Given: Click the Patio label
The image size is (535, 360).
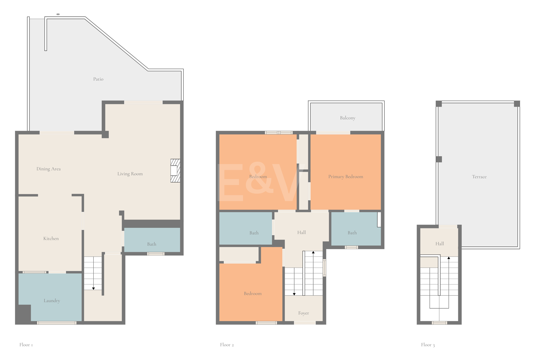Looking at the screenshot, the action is (x=98, y=79).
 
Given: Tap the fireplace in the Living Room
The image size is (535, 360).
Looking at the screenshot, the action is (x=175, y=171).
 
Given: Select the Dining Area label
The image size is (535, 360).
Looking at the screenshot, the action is (x=48, y=169).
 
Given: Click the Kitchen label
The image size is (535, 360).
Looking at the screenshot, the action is (x=51, y=238).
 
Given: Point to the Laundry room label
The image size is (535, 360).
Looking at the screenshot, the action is (x=52, y=301).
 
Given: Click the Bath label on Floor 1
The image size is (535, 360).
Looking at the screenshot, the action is (x=152, y=244).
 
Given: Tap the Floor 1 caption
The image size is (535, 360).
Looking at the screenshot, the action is (x=26, y=345).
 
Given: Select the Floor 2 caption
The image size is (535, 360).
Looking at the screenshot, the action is (x=227, y=345).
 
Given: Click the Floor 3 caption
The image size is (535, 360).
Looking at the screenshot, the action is (x=428, y=345).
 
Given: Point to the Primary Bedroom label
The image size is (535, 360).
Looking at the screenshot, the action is (x=346, y=177).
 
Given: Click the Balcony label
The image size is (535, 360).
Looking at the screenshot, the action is (x=348, y=118).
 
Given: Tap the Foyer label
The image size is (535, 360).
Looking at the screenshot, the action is (x=304, y=313).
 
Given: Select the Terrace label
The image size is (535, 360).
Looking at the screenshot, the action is (x=479, y=177).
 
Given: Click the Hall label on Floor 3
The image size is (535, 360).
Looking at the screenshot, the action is (x=440, y=244).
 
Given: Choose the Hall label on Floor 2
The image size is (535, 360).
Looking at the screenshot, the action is (x=301, y=232).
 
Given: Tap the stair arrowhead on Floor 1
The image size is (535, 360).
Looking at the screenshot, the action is (x=93, y=289).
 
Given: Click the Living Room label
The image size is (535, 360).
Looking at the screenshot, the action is (x=130, y=174).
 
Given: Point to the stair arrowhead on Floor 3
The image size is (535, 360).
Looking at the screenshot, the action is (x=449, y=258).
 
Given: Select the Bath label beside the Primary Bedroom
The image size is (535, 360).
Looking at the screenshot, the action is (x=352, y=233).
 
